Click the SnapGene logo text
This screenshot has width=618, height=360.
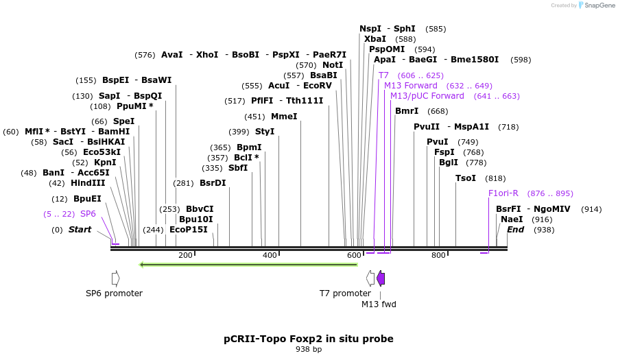tap(599, 5)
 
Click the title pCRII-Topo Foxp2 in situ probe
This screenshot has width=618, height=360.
tap(309, 339)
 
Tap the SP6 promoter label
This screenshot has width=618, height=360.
tap(114, 293)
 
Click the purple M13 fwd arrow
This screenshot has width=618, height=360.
tap(381, 278)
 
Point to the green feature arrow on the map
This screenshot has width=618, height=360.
tap(248, 264)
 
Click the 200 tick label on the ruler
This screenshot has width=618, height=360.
tap(185, 256)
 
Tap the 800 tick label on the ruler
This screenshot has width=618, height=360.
tap(438, 256)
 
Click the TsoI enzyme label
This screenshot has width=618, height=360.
tap(466, 178)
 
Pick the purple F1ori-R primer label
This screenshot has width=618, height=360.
tap(503, 193)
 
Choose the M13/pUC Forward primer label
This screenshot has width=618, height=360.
tap(427, 96)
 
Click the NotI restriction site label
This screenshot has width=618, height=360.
tap(333, 65)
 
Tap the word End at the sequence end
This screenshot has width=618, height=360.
tap(515, 230)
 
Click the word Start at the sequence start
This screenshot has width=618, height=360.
tap(80, 230)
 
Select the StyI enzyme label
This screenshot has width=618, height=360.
tap(265, 132)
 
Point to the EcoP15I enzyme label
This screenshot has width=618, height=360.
tap(188, 230)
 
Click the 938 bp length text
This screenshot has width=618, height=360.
tap(309, 350)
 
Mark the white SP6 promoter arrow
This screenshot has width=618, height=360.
tap(115, 278)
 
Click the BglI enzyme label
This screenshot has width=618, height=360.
tap(448, 163)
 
